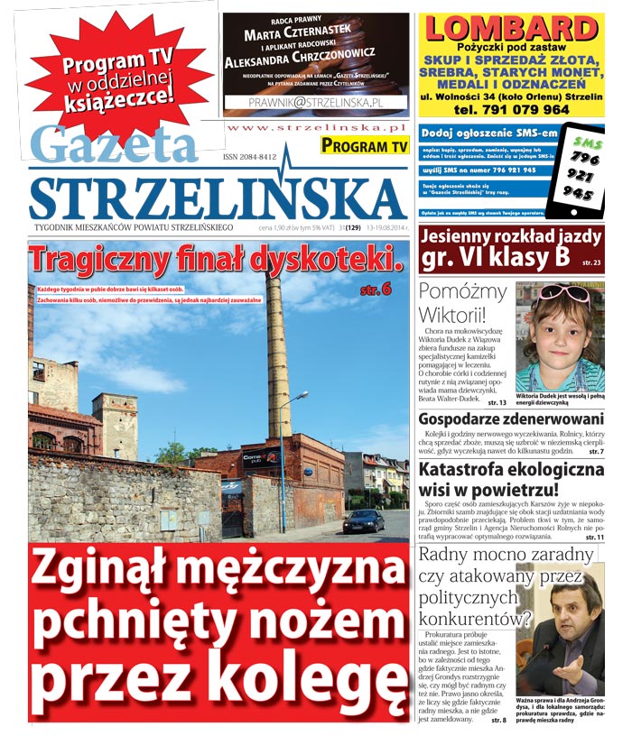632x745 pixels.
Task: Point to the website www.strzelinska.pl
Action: pos(317,129)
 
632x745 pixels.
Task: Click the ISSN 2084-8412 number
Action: pos(249,157)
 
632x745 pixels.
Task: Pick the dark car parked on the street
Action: pos(363,521)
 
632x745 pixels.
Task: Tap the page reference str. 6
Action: pos(375,290)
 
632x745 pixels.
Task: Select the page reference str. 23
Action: pos(592,262)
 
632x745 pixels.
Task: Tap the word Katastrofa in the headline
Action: pos(474,470)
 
